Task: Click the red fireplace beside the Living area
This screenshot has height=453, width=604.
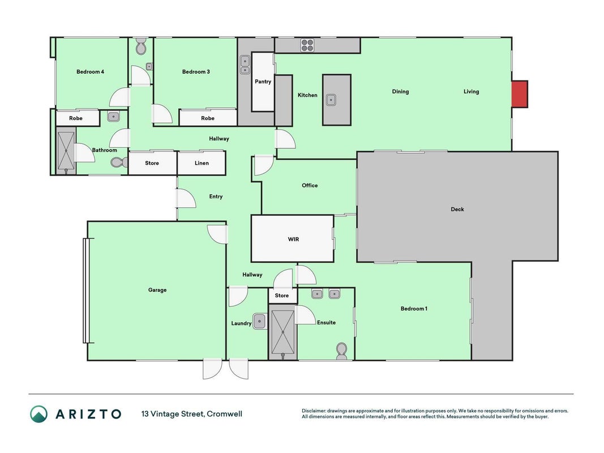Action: tap(519, 94)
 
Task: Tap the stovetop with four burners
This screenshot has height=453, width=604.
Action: tap(307, 45)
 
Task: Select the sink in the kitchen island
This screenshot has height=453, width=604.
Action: tap(331, 100)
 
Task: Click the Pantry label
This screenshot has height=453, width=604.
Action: tap(263, 82)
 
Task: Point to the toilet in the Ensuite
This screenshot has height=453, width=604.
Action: tap(341, 351)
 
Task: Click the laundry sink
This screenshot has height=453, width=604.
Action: tap(259, 321)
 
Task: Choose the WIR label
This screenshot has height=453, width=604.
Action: tap(294, 239)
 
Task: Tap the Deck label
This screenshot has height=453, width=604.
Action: tap(457, 209)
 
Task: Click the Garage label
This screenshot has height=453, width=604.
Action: tap(157, 290)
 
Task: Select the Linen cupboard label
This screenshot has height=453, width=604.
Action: tap(202, 163)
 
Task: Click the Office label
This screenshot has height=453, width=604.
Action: tap(310, 185)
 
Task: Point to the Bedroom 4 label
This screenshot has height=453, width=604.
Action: tap(90, 72)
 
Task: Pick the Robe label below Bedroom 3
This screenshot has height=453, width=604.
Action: tap(208, 118)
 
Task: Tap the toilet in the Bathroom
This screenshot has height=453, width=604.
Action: tap(119, 162)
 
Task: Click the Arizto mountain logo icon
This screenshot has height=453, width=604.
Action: tap(39, 414)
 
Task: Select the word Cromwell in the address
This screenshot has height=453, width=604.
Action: tap(225, 414)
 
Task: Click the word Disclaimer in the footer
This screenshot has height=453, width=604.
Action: tap(314, 411)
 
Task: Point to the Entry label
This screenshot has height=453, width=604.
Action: tap(216, 196)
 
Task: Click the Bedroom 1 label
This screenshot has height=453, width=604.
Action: tap(414, 309)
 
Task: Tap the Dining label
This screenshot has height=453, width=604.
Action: tap(400, 92)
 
